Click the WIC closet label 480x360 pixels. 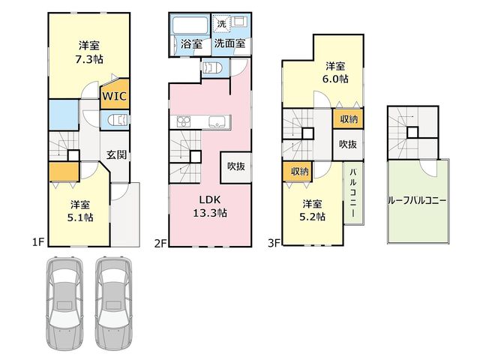(114, 96)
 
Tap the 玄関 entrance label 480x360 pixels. (117, 154)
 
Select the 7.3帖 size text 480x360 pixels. (89, 58)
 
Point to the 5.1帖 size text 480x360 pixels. (80, 217)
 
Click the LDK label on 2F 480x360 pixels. (210, 199)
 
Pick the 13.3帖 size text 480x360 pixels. (210, 212)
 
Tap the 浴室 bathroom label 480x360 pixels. (191, 44)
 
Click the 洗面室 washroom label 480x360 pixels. (229, 43)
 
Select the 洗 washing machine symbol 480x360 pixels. (221, 23)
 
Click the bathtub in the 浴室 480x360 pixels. (190, 25)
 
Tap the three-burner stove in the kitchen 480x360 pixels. (184, 121)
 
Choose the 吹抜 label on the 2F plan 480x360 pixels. (236, 166)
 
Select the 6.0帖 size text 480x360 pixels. (335, 79)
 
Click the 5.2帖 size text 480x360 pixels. (312, 217)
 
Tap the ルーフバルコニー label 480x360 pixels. (417, 201)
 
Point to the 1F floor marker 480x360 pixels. (38, 242)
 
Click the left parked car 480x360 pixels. (64, 303)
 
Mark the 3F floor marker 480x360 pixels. (274, 243)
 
